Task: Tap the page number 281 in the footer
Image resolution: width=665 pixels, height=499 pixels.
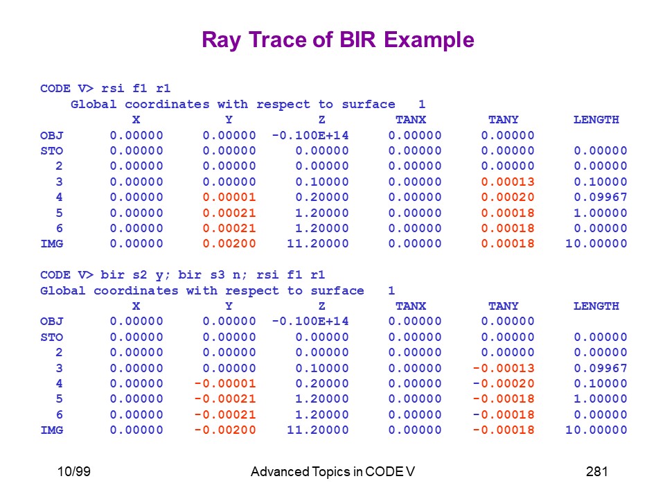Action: pyautogui.click(x=596, y=471)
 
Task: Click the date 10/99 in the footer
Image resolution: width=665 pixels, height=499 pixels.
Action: pyautogui.click(x=74, y=471)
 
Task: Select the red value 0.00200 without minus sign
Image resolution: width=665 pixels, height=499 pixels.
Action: pyautogui.click(x=229, y=243)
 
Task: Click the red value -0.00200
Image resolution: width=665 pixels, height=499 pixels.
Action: pyautogui.click(x=225, y=430)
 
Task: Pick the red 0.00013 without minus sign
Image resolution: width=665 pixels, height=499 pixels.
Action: pyautogui.click(x=508, y=182)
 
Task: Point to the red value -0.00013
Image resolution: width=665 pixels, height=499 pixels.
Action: pyautogui.click(x=504, y=368)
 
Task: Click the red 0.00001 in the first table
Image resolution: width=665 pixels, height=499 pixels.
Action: pyautogui.click(x=229, y=197)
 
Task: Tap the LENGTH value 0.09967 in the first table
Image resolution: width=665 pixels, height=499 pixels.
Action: pyautogui.click(x=601, y=197)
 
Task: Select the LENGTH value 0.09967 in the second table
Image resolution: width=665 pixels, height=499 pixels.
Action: pyautogui.click(x=601, y=368)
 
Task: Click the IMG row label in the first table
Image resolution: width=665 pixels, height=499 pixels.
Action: pyautogui.click(x=52, y=243)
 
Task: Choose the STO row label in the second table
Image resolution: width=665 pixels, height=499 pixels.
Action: pyautogui.click(x=52, y=337)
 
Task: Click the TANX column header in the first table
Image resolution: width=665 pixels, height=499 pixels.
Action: pyautogui.click(x=411, y=120)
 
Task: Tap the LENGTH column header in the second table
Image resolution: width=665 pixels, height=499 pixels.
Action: pyautogui.click(x=596, y=306)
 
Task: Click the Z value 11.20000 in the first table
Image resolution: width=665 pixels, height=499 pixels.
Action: pyautogui.click(x=318, y=243)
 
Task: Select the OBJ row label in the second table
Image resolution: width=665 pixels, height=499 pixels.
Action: pyautogui.click(x=52, y=321)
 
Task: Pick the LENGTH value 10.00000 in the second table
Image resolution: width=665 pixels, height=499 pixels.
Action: pyautogui.click(x=596, y=430)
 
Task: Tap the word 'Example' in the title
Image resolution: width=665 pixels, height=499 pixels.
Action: pyautogui.click(x=429, y=41)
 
